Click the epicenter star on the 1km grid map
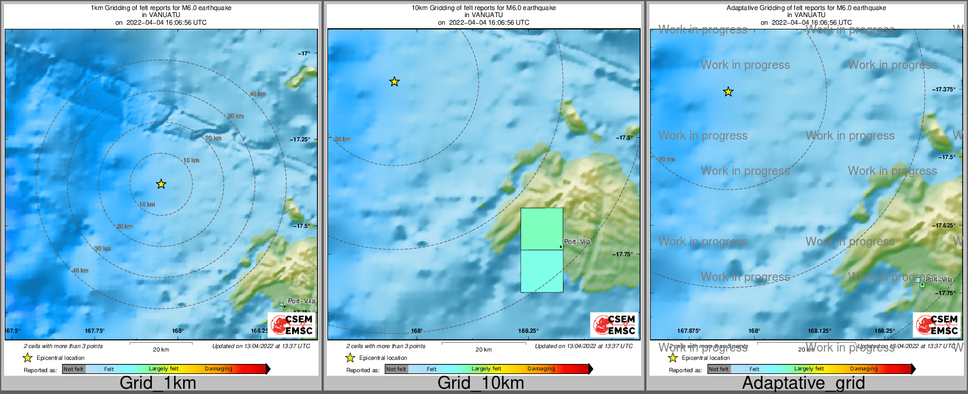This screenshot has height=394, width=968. click(161, 184)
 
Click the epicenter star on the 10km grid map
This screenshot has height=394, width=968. click(395, 82)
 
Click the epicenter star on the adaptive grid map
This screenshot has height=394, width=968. click(728, 92)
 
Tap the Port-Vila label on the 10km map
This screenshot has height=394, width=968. click(577, 241)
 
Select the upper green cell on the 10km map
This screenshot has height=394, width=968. click(541, 229)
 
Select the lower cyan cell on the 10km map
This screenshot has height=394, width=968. click(541, 271)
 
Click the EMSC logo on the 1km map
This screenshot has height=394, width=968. click(291, 324)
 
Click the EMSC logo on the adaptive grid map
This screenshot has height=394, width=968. click(936, 324)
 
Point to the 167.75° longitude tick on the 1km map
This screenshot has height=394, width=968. click(95, 331)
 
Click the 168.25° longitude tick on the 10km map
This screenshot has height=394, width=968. click(528, 331)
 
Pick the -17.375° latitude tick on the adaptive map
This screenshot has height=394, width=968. click(944, 90)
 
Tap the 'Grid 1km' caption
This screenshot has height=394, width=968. click(157, 383)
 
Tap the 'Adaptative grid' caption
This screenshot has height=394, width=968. click(803, 383)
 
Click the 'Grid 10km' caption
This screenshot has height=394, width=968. click(480, 383)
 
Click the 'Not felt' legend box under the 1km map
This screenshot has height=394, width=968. click(74, 369)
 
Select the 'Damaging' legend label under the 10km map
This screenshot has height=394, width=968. click(541, 369)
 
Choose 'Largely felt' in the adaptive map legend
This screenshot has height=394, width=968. click(808, 369)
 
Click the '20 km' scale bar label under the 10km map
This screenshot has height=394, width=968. click(483, 350)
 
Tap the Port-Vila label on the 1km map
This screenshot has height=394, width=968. click(301, 301)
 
